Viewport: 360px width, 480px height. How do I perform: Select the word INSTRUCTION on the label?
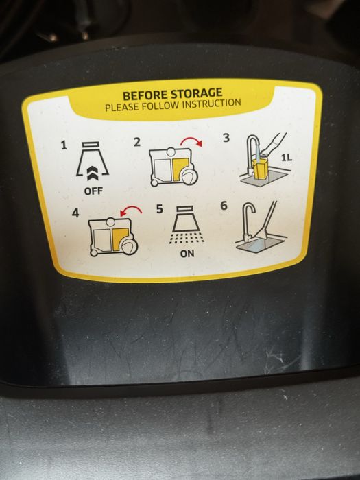point(211,103)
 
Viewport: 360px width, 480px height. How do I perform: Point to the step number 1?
point(64,145)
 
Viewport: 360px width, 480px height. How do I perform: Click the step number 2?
point(137,142)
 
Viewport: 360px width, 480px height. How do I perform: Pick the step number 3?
point(226,138)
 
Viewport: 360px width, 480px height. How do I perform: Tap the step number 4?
point(75,213)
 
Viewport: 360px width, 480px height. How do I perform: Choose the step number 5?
point(160,209)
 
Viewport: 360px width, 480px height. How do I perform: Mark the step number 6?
point(224,206)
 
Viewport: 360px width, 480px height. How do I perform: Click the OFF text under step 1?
point(93,191)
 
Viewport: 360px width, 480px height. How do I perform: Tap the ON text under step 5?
point(187,254)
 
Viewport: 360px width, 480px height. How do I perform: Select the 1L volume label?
point(287,158)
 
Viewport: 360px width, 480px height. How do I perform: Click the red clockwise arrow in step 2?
point(191,140)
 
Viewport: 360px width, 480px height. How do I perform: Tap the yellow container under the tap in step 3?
point(260,169)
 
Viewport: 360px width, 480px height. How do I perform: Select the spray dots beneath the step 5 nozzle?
point(187,239)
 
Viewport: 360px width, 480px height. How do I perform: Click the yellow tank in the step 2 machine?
point(180,169)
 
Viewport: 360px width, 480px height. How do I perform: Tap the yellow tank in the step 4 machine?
point(120,239)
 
